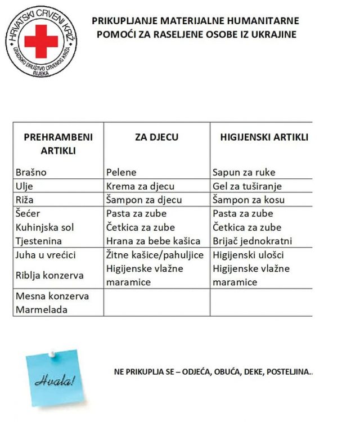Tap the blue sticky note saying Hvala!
pyautogui.click(x=54, y=378)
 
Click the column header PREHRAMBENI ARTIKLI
pyautogui.click(x=58, y=144)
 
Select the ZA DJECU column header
pyautogui.click(x=156, y=137)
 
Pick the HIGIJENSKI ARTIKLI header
pyautogui.click(x=264, y=137)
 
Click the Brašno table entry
pyautogui.click(x=31, y=172)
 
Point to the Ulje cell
pyautogui.click(x=25, y=186)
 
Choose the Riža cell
pyautogui.click(x=26, y=200)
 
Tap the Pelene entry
pyautogui.click(x=121, y=172)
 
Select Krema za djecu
pyautogui.click(x=140, y=186)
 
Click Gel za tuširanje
pyautogui.click(x=247, y=186)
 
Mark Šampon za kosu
pyautogui.click(x=249, y=200)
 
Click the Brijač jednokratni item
pyautogui.click(x=252, y=241)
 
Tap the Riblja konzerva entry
pyautogui.click(x=50, y=275)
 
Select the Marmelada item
pyautogui.click(x=42, y=309)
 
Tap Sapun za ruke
pyautogui.click(x=244, y=172)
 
